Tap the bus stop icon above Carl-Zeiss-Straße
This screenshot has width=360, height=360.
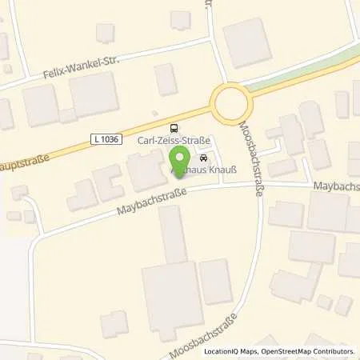click(x=174, y=128)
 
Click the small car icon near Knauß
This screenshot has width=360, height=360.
click(x=203, y=158)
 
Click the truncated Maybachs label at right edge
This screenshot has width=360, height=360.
click(x=335, y=186)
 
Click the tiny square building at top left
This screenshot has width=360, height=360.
click(x=104, y=32)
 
